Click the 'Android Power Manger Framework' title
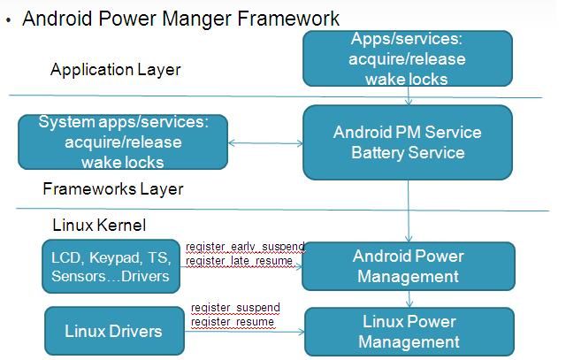point(180,18)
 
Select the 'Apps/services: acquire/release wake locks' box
point(407,58)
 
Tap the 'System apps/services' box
point(123,142)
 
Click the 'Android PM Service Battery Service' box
point(407,142)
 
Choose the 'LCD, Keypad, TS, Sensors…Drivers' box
point(110,266)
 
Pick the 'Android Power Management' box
point(407,266)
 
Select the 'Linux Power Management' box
point(409,332)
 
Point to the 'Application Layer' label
point(115,69)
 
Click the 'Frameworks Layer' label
point(113,188)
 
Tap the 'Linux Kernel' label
point(99,226)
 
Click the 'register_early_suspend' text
point(244,246)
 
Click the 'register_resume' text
point(232,322)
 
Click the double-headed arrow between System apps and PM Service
point(265,142)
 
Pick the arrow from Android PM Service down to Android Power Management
point(408,209)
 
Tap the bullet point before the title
point(8,19)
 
